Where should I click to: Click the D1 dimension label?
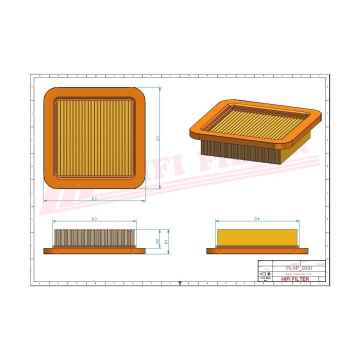click(157, 138)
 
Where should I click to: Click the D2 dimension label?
click(94, 199)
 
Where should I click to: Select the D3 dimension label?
click(94, 219)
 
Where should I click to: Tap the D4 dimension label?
click(257, 219)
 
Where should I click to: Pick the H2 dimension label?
click(157, 241)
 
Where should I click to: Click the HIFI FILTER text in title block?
click(295, 279)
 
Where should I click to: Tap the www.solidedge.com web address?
click(298, 274)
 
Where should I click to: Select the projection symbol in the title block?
click(264, 274)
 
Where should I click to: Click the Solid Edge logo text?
click(264, 279)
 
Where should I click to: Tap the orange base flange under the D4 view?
click(257, 250)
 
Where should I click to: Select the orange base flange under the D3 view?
click(94, 250)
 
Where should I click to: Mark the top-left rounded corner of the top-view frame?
click(50, 94)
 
